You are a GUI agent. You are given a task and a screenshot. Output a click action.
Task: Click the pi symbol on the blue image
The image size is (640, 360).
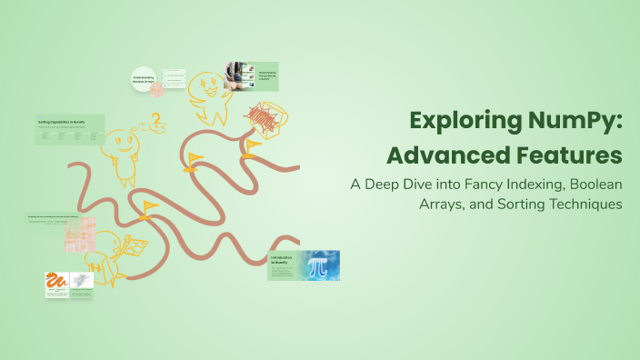click(318, 266)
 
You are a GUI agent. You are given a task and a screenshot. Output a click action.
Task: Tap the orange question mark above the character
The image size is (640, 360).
click(155, 119)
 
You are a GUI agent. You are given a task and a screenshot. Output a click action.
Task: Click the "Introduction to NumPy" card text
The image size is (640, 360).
click(283, 264)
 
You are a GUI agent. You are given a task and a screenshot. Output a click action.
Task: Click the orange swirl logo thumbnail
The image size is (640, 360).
click(56, 285)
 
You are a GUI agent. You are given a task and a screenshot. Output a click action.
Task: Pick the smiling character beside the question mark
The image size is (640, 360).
click(122, 146)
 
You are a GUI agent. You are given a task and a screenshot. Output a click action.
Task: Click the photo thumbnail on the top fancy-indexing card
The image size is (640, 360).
click(235, 75)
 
